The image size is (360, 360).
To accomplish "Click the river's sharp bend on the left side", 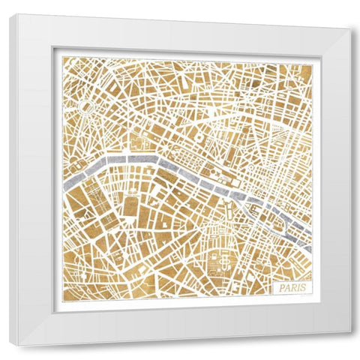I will click(x=105, y=160).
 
